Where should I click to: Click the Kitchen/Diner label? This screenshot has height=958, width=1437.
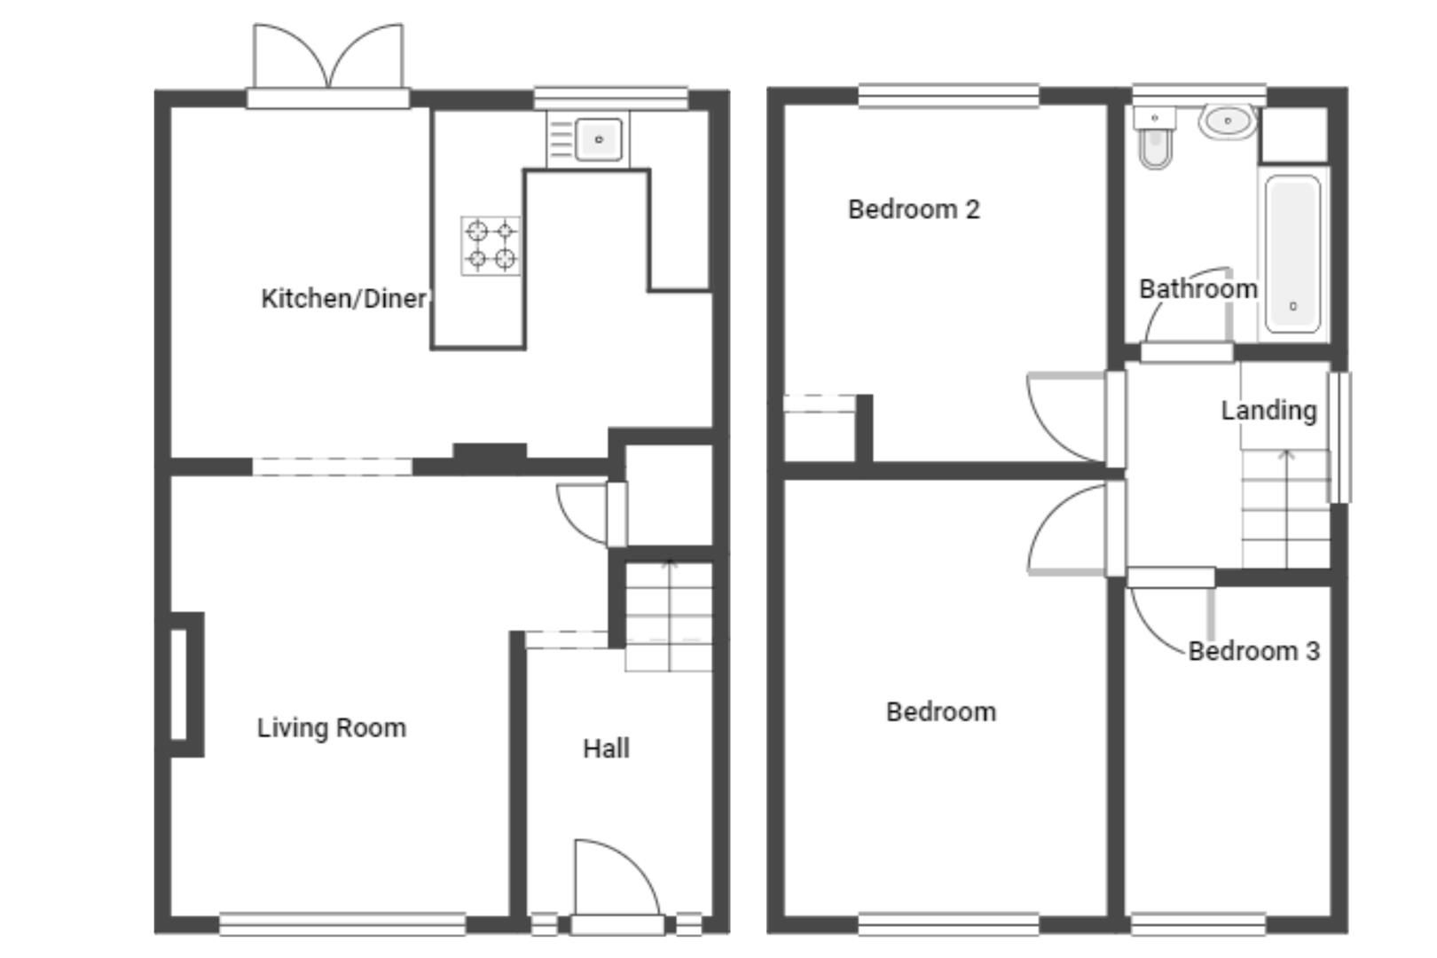343,299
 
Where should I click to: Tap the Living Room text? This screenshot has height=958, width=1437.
332,728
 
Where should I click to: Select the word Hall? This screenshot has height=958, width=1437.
607,749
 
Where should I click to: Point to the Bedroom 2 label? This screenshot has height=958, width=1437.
914,209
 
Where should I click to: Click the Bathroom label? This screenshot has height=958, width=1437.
1197,289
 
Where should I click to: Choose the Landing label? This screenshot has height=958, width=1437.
1268,411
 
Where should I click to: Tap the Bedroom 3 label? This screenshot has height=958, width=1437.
1253,651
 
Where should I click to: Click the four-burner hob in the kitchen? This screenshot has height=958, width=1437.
491,246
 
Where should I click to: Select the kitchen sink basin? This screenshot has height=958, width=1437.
599,139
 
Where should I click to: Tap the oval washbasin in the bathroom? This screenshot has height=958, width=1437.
1228,121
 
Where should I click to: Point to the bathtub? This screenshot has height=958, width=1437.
1292,253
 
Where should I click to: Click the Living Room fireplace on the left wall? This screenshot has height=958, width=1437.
184,684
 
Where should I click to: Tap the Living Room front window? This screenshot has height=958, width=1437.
342,924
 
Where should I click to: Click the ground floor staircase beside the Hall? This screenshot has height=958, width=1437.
669,616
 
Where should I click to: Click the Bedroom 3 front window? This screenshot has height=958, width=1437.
1198,924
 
